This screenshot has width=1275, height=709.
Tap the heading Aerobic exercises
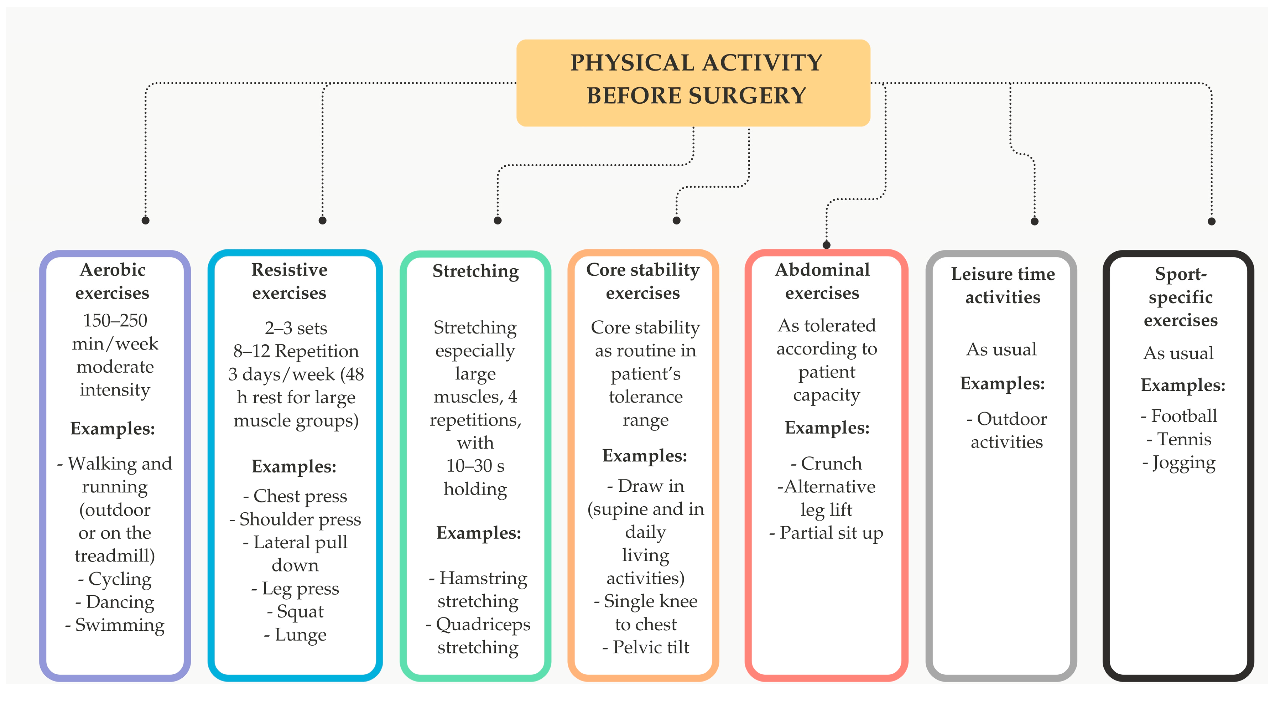[x=113, y=281]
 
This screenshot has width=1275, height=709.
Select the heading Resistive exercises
[x=290, y=281]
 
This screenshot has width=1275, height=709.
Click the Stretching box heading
[x=476, y=271]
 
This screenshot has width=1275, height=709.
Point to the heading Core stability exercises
[x=643, y=281]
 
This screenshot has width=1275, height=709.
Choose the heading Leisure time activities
[x=1003, y=285]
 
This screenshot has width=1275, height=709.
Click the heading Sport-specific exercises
[x=1181, y=297]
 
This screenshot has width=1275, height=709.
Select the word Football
[x=1184, y=416]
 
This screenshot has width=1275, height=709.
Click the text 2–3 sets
[x=296, y=328]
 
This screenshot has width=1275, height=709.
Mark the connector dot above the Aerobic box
[x=146, y=220]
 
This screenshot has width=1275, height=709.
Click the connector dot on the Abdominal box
[x=827, y=244]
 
